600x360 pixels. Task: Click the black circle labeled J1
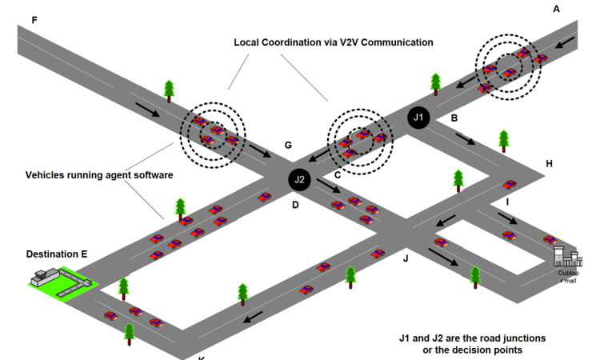click(418, 118)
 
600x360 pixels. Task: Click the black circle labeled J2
click(300, 180)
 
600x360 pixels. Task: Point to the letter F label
click(33, 18)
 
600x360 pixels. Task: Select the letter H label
click(549, 164)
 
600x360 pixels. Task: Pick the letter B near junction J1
click(454, 118)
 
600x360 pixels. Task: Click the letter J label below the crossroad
click(406, 258)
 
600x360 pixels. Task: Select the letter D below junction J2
click(294, 206)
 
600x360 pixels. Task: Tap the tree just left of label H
click(503, 140)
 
